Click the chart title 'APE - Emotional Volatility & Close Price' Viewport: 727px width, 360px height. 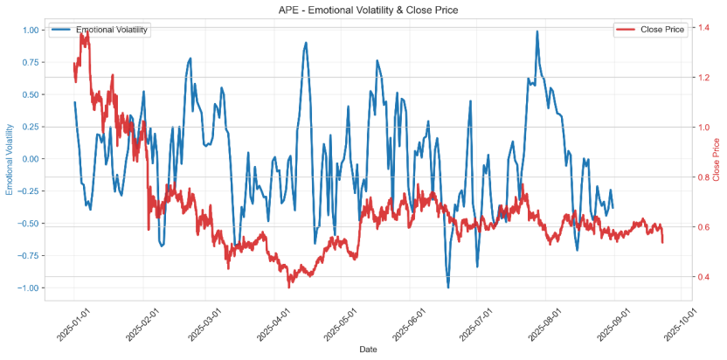coord(363,10)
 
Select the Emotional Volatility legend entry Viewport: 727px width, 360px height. coord(112,30)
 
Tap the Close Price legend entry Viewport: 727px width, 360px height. coord(663,30)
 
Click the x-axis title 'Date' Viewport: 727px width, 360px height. coord(368,350)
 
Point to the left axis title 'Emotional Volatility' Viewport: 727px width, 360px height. coord(10,158)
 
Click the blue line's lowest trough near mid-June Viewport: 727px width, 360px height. coord(448,287)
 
